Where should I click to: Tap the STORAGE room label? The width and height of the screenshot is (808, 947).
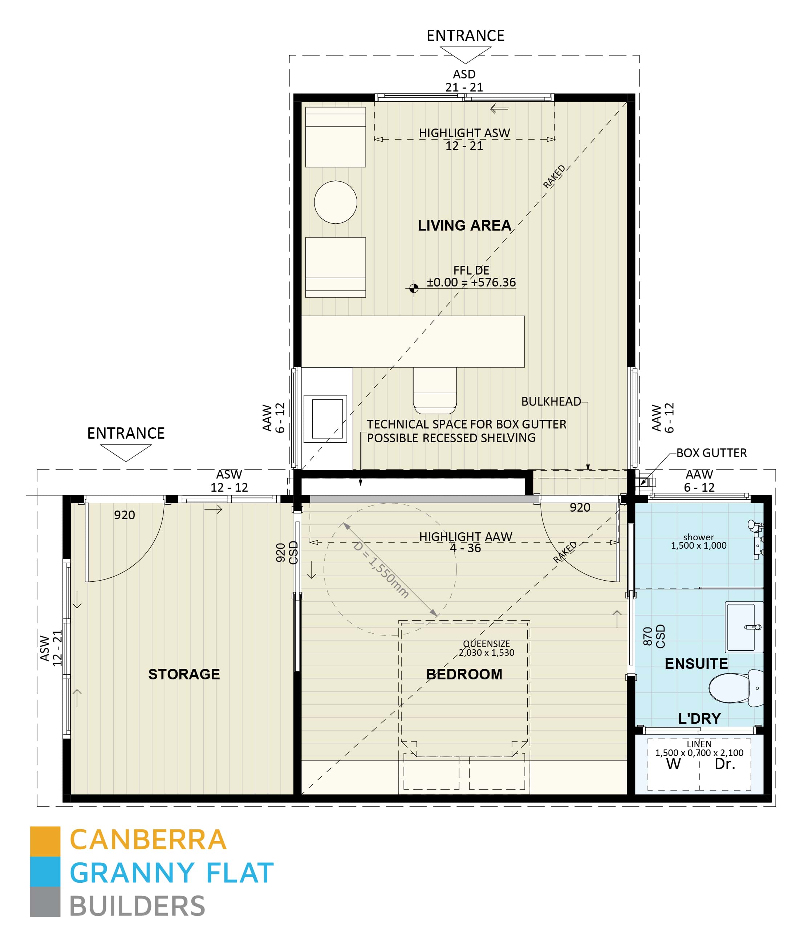[x=184, y=674]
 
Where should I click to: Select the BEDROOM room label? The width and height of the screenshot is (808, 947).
[x=464, y=674]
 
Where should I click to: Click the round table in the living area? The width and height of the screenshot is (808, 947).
[x=336, y=202]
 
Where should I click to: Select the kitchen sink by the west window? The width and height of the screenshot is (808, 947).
[x=327, y=419]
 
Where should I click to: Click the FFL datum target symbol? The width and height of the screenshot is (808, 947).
[x=414, y=288]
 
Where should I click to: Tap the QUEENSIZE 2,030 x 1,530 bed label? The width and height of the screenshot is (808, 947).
[x=486, y=648]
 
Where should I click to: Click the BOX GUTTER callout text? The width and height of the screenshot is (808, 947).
[x=711, y=453]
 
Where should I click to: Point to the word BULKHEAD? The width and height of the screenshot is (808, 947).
[x=551, y=401]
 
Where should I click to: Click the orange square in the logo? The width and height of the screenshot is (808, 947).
[x=45, y=841]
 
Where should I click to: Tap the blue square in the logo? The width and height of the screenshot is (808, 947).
[x=45, y=871]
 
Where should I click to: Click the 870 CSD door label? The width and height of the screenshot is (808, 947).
[x=654, y=636]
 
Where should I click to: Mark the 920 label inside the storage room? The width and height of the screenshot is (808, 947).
[x=124, y=515]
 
